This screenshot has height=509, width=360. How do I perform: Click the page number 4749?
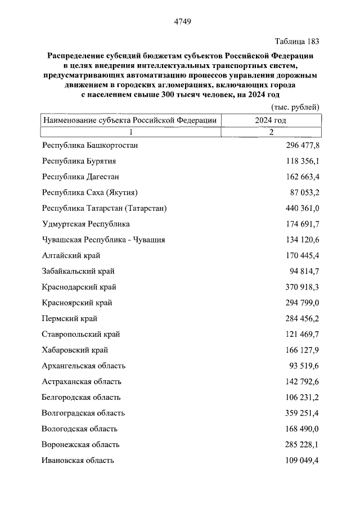tap(180, 22)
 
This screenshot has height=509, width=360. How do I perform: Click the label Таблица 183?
tap(297, 42)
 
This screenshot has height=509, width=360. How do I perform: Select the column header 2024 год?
tap(271, 120)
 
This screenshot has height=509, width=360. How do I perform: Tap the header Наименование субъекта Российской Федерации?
tap(129, 120)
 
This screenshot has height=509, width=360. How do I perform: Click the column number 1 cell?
tap(129, 132)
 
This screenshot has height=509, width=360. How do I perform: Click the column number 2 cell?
tap(271, 132)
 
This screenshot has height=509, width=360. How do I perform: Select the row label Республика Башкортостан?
tap(90, 145)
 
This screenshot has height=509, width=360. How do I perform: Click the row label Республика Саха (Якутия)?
tap(90, 192)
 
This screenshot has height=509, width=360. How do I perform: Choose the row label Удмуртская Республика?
tap(85, 224)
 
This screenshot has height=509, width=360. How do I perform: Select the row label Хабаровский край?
tap(75, 350)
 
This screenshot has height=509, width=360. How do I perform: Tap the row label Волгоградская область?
tap(83, 413)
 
